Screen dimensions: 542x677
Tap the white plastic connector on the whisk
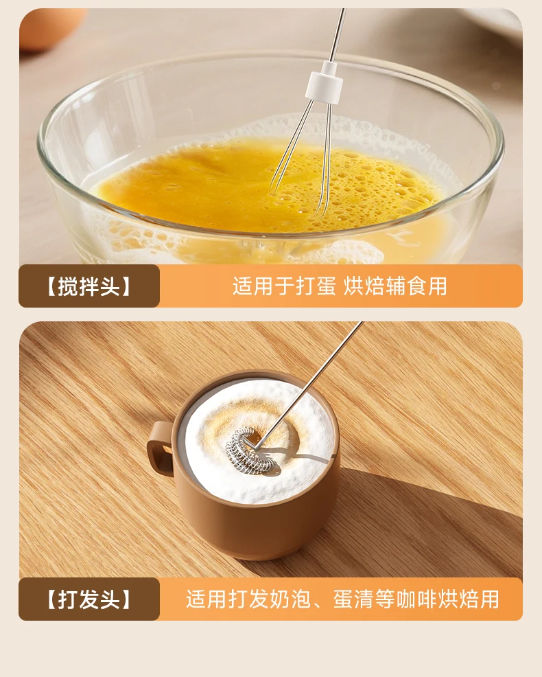pyautogui.click(x=325, y=82)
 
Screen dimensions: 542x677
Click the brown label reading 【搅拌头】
pyautogui.click(x=89, y=286)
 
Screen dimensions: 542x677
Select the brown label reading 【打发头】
pyautogui.click(x=89, y=599)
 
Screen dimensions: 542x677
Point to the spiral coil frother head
pyautogui.click(x=250, y=450)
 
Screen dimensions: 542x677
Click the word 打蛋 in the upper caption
pyautogui.click(x=316, y=286)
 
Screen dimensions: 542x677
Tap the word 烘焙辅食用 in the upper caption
pyautogui.click(x=395, y=286)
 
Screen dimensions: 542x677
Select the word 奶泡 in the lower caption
pyautogui.click(x=291, y=599)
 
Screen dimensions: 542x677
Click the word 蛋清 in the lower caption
pyautogui.click(x=353, y=599)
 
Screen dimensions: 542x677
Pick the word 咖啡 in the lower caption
pyautogui.click(x=416, y=599)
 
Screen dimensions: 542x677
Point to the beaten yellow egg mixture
pyautogui.click(x=268, y=185)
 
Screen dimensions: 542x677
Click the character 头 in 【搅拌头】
pyautogui.click(x=110, y=286)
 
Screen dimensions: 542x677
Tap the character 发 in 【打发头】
pyautogui.click(x=89, y=599)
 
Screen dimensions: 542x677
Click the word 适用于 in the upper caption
pyautogui.click(x=263, y=286)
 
